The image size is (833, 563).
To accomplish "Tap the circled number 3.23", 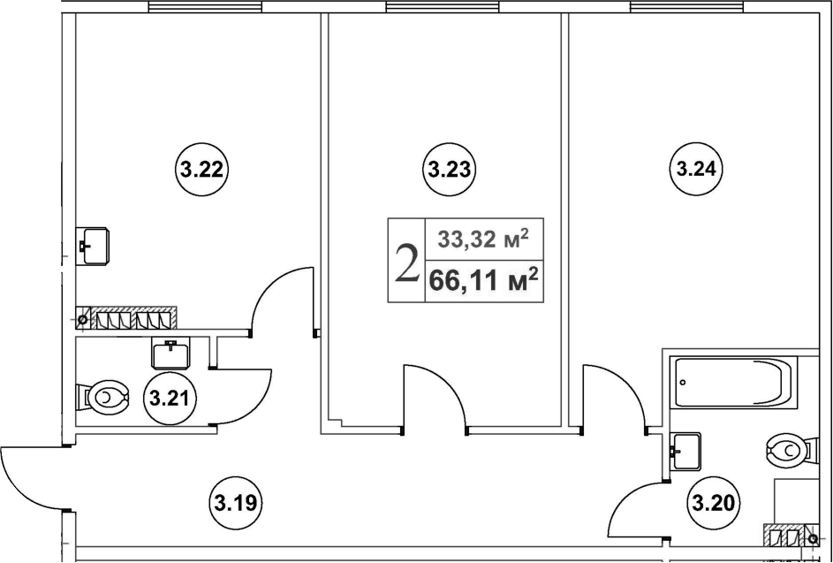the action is click(449, 170).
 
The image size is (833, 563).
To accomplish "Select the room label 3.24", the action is click(696, 170).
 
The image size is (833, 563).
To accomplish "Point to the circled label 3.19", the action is click(239, 501).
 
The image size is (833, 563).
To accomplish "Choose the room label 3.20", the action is click(714, 501).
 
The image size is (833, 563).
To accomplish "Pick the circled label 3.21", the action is click(170, 398).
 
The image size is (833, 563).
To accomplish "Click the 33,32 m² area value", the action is click(483, 240).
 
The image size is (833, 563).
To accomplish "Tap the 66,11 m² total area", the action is click(483, 279).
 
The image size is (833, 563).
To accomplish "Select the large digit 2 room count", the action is click(407, 262).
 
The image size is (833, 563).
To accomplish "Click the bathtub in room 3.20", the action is click(733, 383).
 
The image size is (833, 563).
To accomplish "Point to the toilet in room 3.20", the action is click(791, 450).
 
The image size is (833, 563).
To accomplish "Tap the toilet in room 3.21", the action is click(103, 397).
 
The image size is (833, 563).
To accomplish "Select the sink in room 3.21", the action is click(170, 353).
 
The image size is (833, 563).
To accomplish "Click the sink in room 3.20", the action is click(685, 452).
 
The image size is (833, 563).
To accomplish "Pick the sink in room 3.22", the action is click(93, 246).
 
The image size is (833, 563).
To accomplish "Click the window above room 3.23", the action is click(442, 6).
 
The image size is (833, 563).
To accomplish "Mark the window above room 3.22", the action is click(205, 6).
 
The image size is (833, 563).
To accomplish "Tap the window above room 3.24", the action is click(686, 6).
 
